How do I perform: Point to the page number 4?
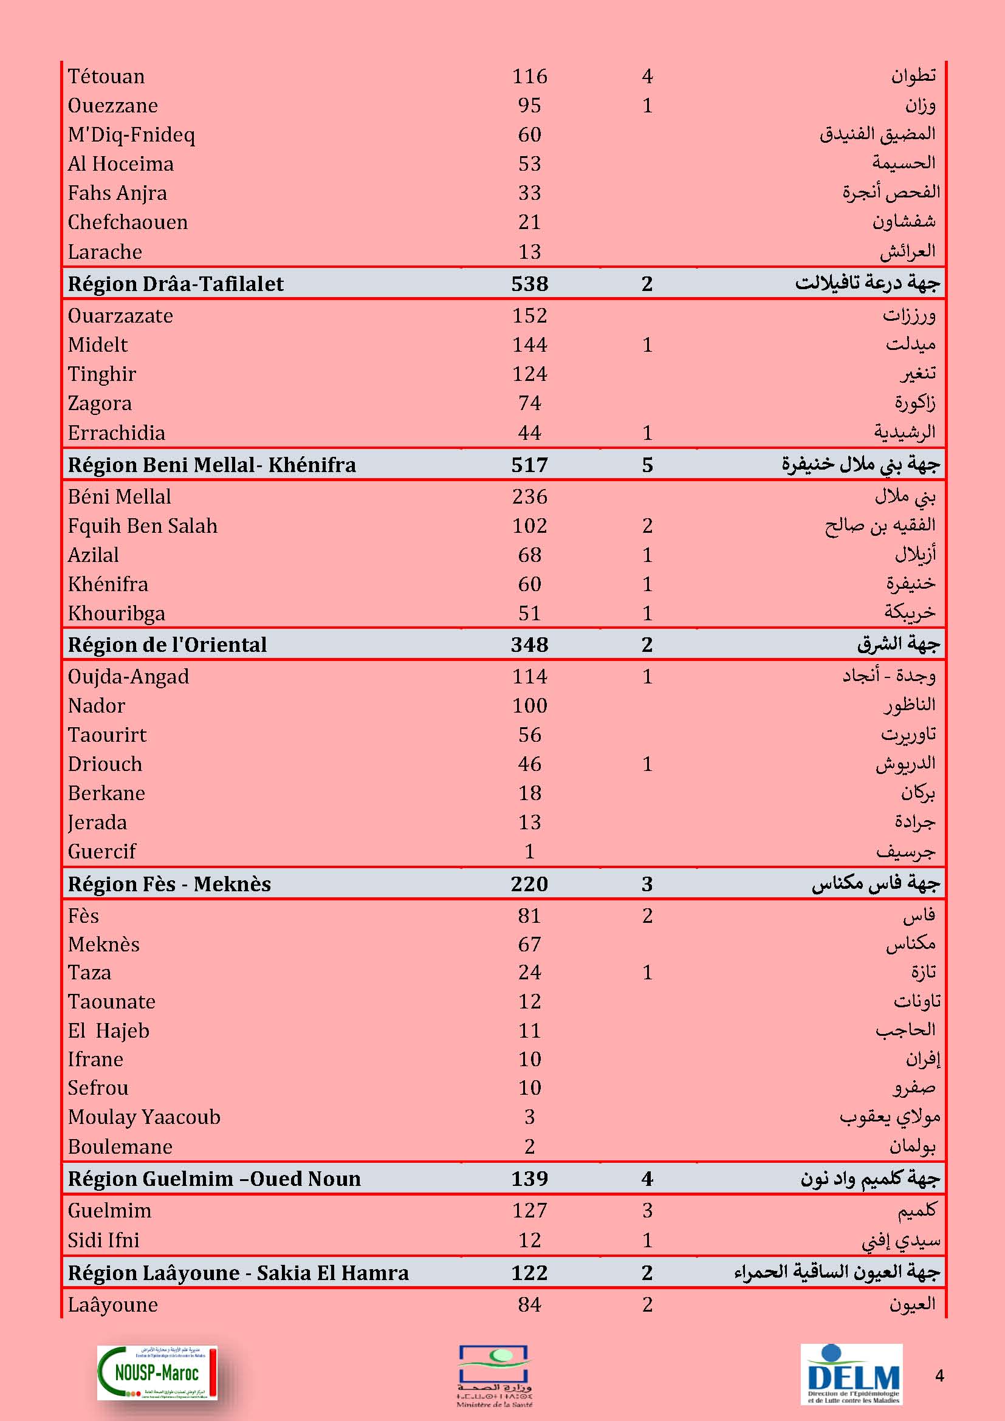(x=939, y=1376)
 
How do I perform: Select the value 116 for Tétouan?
(x=529, y=76)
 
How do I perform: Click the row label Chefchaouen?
(x=128, y=222)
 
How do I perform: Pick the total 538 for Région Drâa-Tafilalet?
(x=529, y=284)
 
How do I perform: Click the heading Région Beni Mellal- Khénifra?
(x=211, y=465)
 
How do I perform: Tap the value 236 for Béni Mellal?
(x=529, y=496)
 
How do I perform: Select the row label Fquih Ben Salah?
(x=142, y=526)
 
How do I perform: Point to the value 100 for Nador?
(x=529, y=705)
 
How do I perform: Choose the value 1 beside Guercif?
(x=529, y=852)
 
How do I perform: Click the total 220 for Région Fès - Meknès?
(x=529, y=884)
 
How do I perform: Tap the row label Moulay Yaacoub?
(x=143, y=1117)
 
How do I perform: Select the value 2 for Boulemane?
(x=529, y=1147)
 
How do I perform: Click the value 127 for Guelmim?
(x=529, y=1211)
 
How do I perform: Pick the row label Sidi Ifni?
(x=103, y=1241)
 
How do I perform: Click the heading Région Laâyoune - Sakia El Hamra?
(x=238, y=1273)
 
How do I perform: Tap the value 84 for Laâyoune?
(x=529, y=1304)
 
